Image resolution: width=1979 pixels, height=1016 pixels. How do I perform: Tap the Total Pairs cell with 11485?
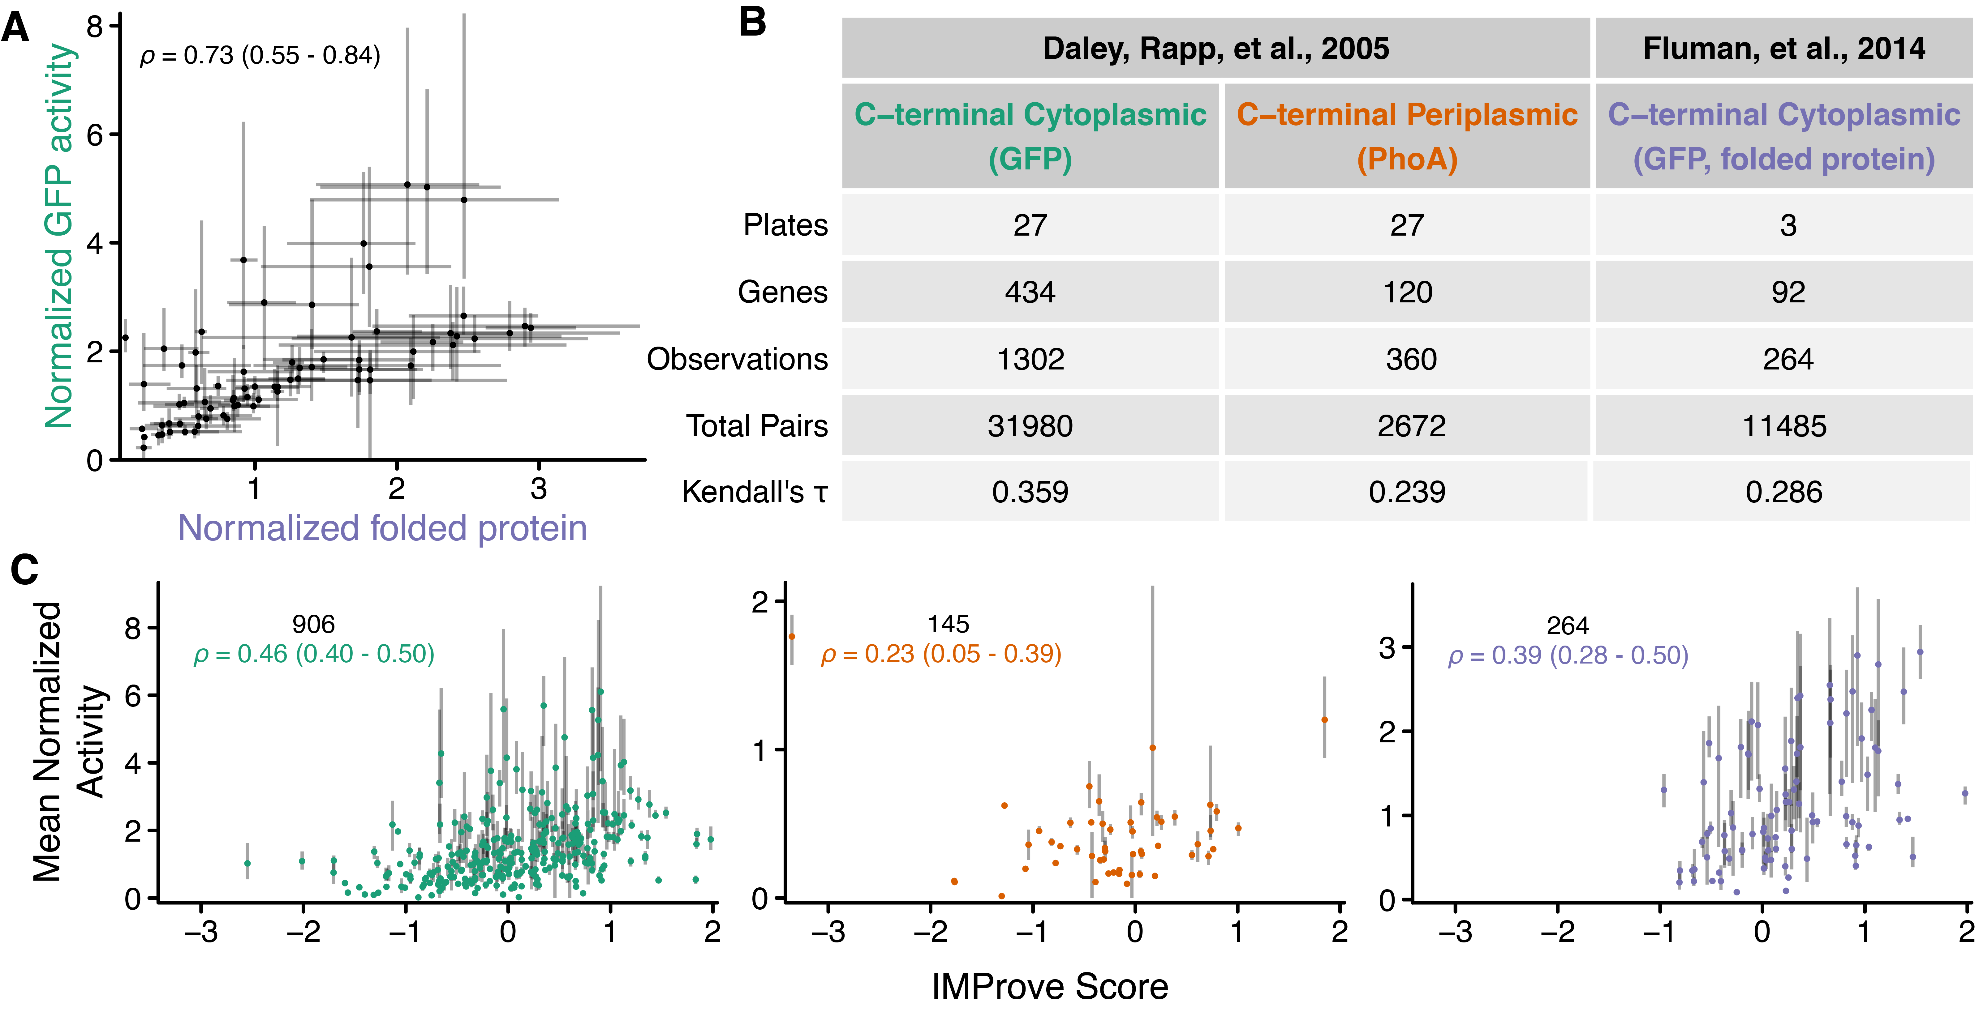[x=1784, y=425]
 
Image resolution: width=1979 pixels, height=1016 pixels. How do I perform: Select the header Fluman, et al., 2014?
[x=1784, y=48]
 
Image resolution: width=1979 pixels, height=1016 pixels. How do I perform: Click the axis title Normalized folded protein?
[x=383, y=528]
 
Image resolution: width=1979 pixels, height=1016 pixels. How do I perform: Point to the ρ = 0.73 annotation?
[x=260, y=55]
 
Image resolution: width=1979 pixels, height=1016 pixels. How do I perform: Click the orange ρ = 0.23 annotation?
[x=941, y=654]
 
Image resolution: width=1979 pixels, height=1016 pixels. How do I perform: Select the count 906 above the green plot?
[x=313, y=624]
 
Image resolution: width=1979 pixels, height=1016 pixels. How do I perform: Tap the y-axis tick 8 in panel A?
[x=94, y=27]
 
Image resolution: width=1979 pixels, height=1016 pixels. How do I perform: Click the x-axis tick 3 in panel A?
[x=539, y=489]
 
